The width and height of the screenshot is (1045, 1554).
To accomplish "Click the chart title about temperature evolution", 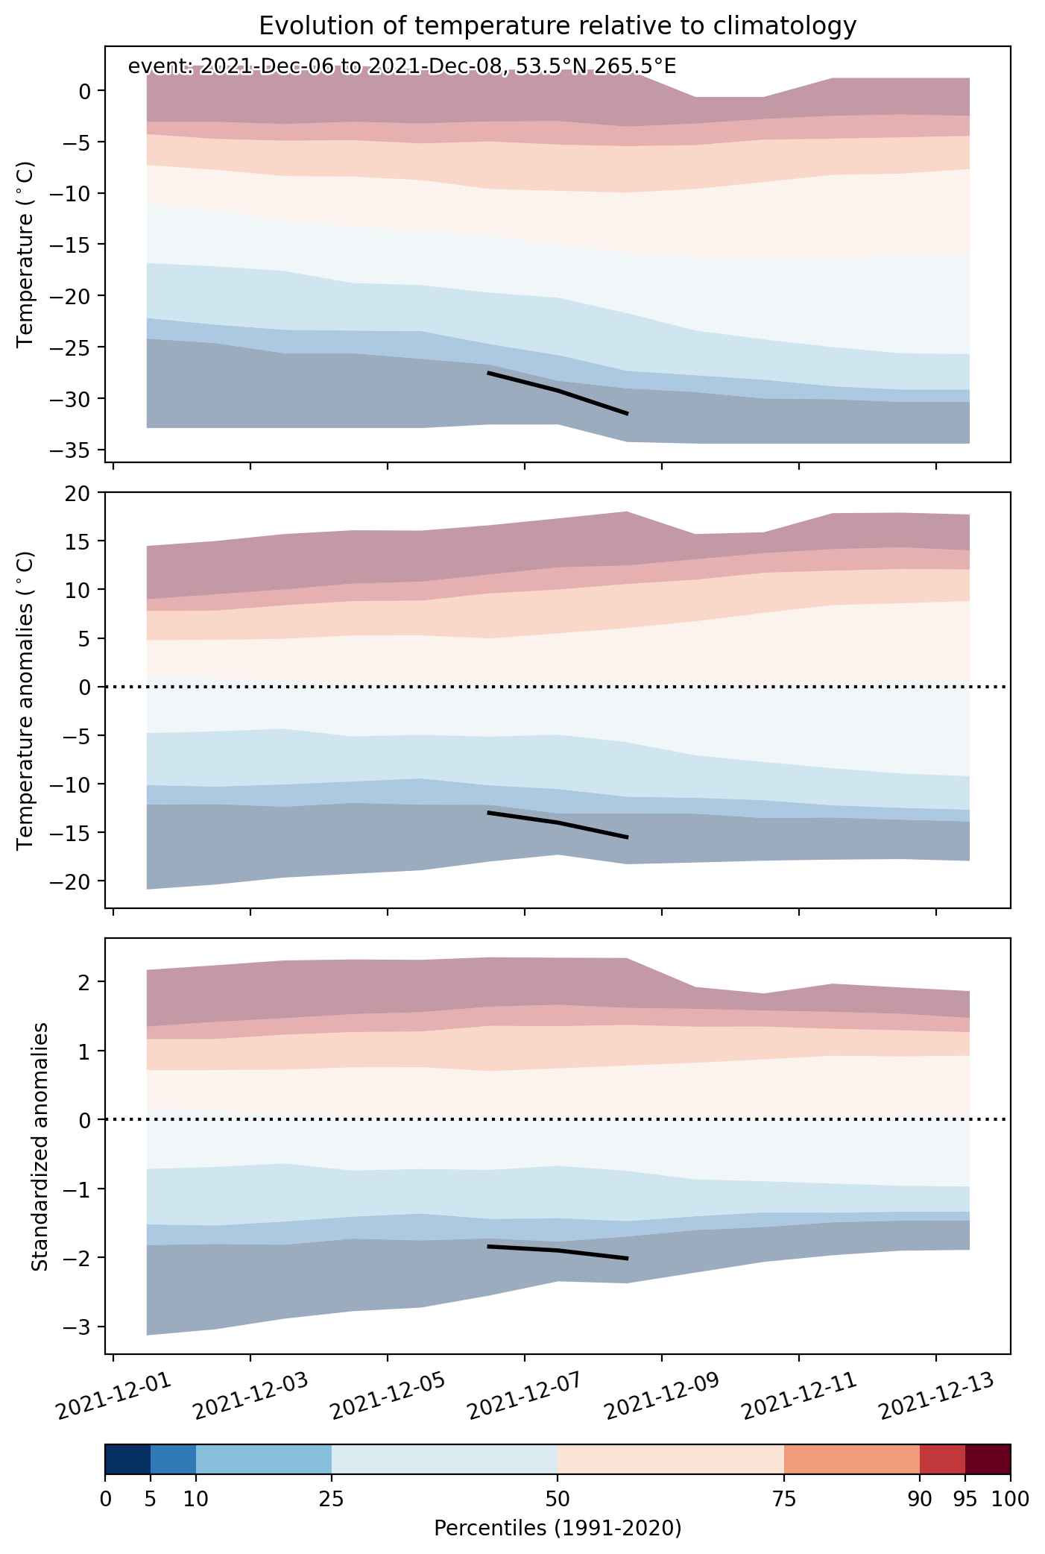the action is (x=558, y=26).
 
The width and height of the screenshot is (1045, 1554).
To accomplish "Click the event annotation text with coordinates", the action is (x=402, y=66).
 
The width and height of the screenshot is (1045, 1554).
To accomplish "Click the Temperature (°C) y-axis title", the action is (x=25, y=255).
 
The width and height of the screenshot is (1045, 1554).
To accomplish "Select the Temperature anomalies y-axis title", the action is (x=25, y=700).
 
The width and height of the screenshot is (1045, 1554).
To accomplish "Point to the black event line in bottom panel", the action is (x=558, y=1250).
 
